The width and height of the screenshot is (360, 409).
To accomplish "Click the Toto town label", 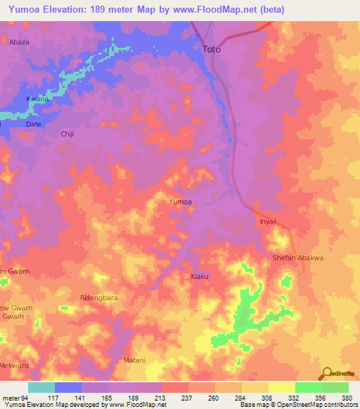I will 211,49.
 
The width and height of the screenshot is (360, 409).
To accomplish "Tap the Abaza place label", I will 20,42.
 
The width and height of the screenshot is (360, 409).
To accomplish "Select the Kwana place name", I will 37,99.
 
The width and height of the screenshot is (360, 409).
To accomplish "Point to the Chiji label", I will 67,134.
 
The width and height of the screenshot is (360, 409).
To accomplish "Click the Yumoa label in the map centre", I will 181,202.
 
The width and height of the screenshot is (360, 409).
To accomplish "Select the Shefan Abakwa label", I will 297,258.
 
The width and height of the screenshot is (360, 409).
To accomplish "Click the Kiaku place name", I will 200,276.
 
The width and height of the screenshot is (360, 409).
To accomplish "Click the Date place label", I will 34,124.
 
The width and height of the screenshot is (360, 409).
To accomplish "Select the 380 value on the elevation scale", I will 346,397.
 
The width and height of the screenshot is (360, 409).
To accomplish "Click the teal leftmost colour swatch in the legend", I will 41,387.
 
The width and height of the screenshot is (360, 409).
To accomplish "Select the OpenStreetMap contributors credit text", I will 309,405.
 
